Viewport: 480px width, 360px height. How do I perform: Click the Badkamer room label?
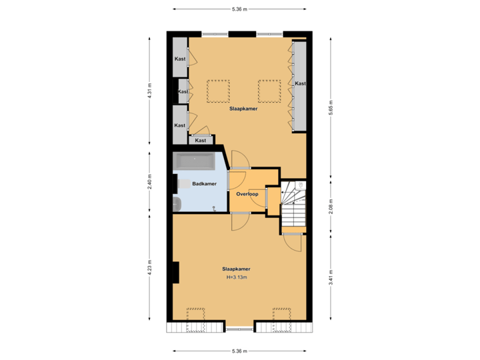203,184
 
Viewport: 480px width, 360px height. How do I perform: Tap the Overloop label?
247,194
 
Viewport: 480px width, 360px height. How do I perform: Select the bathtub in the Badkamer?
194,162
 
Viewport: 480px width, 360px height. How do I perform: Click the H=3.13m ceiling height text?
237,277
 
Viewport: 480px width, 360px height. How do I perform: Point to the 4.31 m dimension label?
150,90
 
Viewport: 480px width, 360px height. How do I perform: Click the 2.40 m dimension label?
150,182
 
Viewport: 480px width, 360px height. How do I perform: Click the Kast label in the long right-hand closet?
300,84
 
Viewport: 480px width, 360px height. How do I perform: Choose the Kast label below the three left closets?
201,141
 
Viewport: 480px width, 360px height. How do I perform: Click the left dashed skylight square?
217,91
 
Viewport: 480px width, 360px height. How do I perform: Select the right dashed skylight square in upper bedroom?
269,91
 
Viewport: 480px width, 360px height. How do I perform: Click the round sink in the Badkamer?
177,205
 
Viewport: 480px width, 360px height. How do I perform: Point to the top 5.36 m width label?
239,9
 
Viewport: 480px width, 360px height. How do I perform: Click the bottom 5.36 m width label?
239,351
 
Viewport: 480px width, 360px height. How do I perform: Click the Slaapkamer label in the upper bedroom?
243,108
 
